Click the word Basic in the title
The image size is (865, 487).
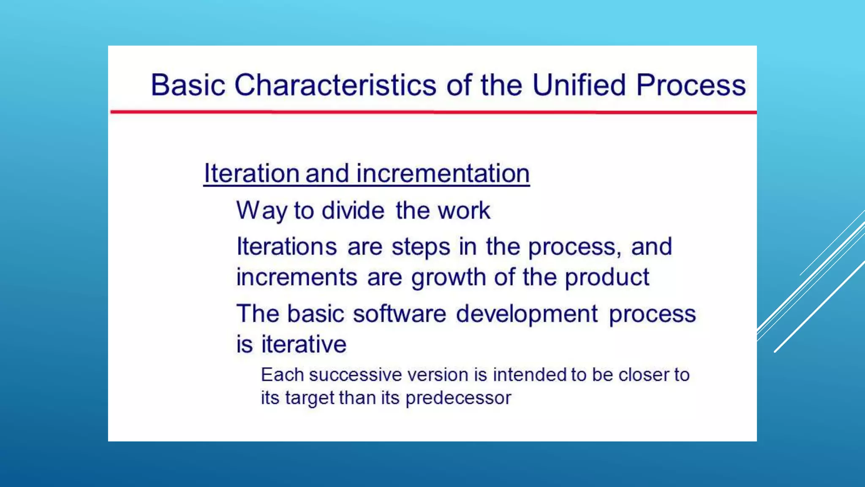(188, 85)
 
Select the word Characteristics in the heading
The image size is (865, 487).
(335, 85)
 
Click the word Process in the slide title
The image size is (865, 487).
(691, 85)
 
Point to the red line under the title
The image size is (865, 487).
(433, 112)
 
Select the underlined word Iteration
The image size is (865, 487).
(252, 173)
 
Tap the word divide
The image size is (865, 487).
(353, 210)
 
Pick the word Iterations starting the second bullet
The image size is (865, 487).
(286, 246)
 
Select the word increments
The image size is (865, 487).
(296, 277)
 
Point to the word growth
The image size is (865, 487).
(448, 277)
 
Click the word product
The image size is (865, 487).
(607, 277)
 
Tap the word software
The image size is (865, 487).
(399, 314)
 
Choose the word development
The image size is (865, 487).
(526, 314)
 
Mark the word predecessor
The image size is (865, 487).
(458, 398)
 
